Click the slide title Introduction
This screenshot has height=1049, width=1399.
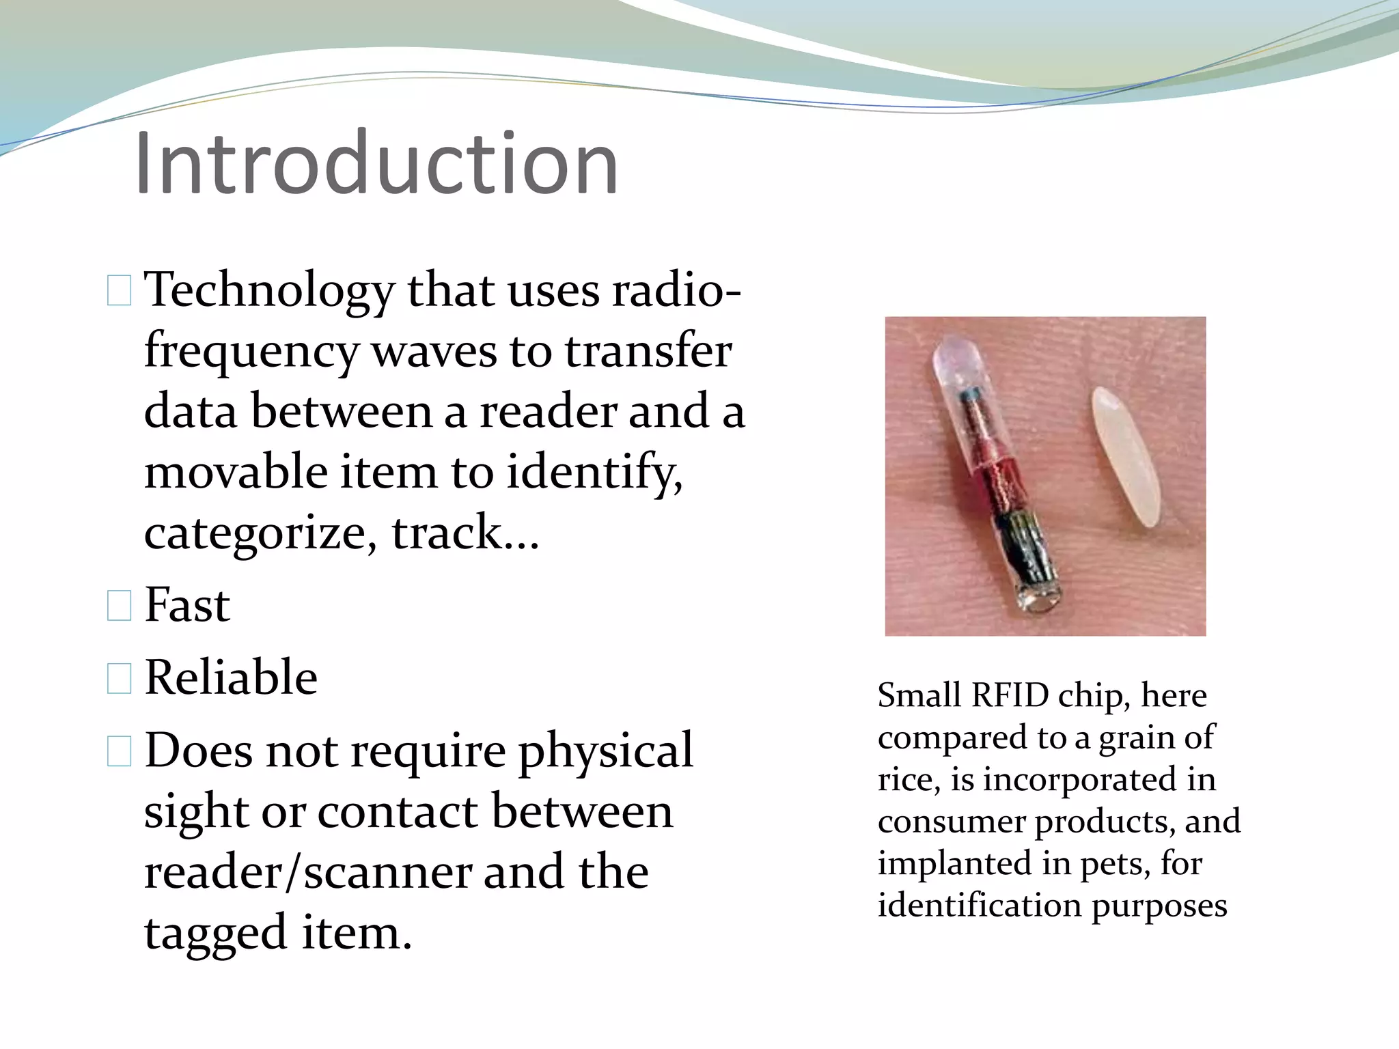tap(376, 164)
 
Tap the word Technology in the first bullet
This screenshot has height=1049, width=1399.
tap(269, 291)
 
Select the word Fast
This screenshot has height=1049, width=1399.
tap(187, 606)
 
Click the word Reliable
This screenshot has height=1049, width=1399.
tap(231, 678)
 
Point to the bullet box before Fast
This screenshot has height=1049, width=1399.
tap(119, 606)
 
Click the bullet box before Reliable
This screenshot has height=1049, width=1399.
tap(119, 679)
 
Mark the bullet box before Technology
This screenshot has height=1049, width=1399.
tap(119, 292)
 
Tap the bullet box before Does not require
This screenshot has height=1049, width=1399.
tap(119, 751)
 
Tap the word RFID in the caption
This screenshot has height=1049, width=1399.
tap(1009, 696)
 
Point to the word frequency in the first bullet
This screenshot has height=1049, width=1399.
tap(251, 352)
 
